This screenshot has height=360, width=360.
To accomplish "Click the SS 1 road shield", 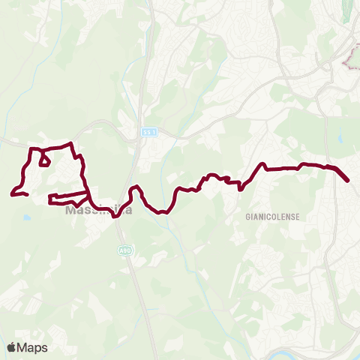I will pyautogui.click(x=148, y=132).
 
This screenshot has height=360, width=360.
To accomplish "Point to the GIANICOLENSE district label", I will pyautogui.click(x=272, y=216).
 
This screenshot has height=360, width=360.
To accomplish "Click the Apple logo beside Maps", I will pyautogui.click(x=12, y=347).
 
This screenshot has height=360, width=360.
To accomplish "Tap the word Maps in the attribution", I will pyautogui.click(x=33, y=347).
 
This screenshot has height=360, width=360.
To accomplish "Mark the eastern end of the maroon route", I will pyautogui.click(x=348, y=181).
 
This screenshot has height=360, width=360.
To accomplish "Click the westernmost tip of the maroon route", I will pyautogui.click(x=12, y=195).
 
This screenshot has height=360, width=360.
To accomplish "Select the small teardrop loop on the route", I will pyautogui.click(x=44, y=160).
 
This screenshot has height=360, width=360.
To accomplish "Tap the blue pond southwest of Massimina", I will pyautogui.click(x=27, y=217).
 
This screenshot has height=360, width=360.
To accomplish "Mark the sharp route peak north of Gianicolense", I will pyautogui.click(x=263, y=164).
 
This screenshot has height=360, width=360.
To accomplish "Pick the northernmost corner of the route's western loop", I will pyautogui.click(x=70, y=143).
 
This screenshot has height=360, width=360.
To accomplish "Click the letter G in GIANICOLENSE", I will pyautogui.click(x=247, y=216).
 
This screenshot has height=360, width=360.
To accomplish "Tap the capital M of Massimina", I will pyautogui.click(x=70, y=211).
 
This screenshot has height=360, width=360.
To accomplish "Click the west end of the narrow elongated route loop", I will pyautogui.click(x=49, y=199).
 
